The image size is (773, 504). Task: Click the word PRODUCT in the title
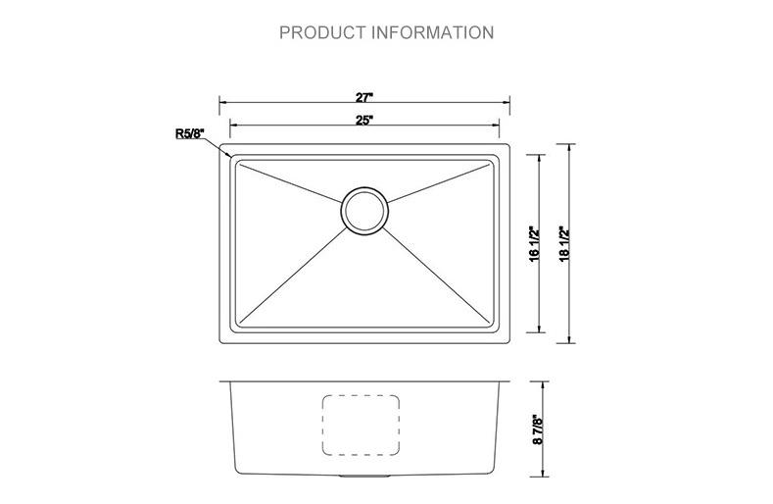[x=321, y=32]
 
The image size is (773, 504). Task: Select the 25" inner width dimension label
[x=364, y=121]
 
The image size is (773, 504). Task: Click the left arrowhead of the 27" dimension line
[x=221, y=101]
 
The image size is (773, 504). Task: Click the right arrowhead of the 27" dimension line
[x=509, y=101]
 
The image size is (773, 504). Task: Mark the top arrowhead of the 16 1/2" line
[x=539, y=157]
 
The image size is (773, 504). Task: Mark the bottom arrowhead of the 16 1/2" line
[x=539, y=330]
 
